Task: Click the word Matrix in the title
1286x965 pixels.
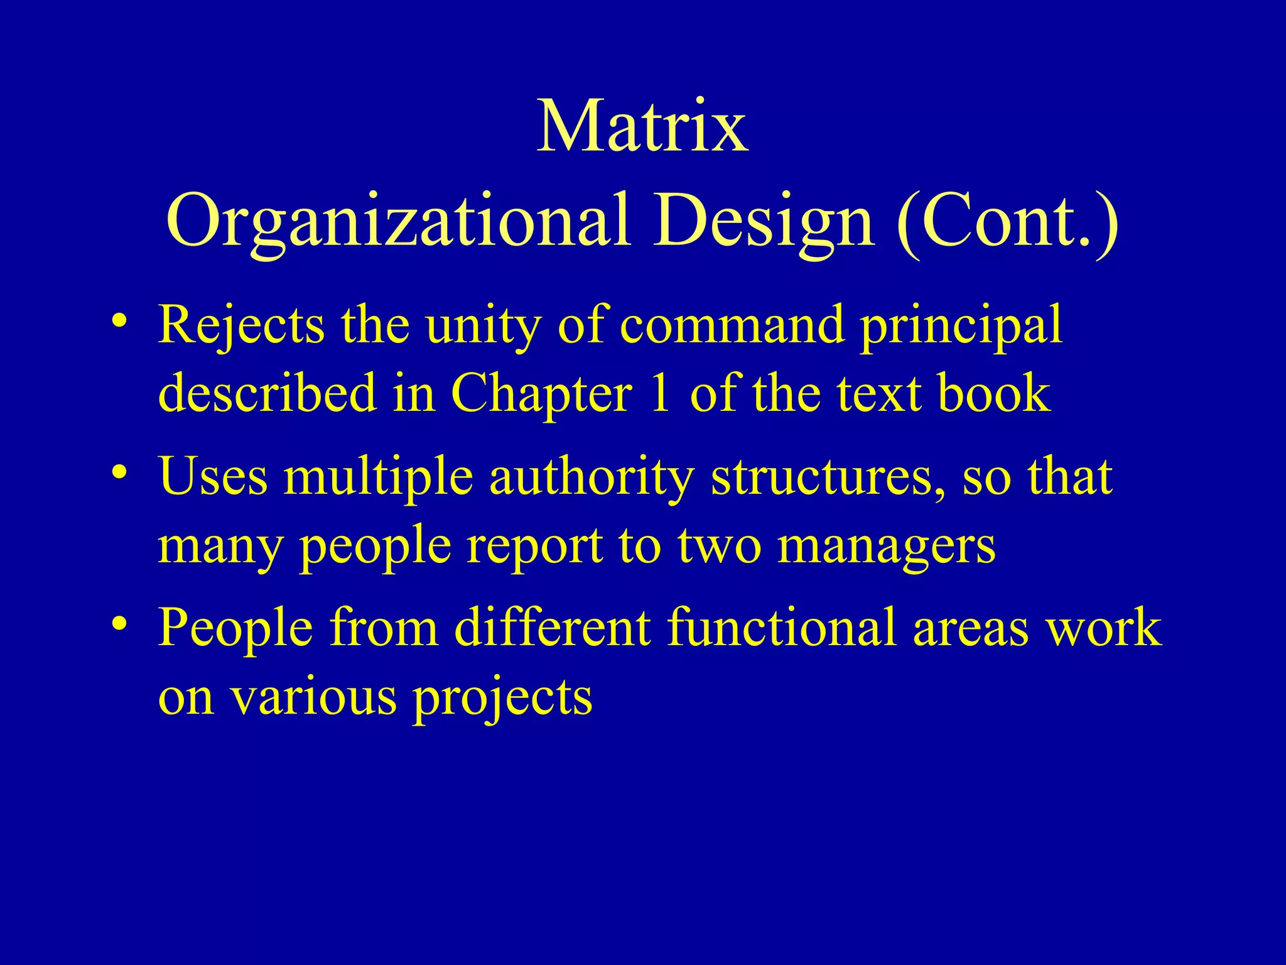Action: coord(642,127)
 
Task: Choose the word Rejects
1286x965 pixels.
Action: coord(242,325)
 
